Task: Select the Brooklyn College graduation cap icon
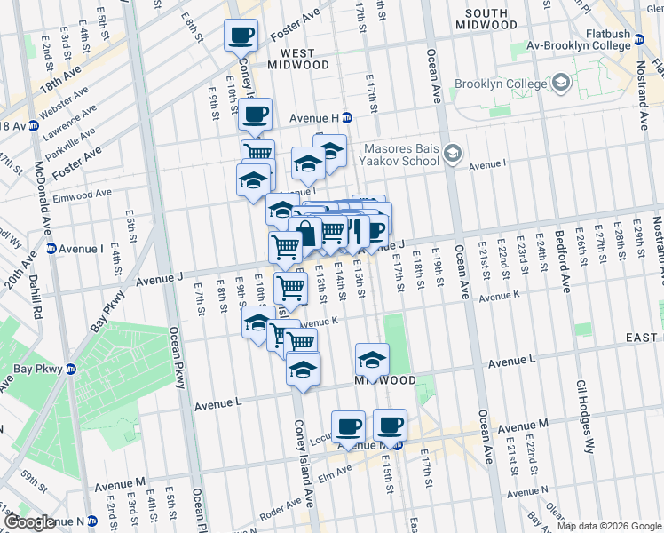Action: pos(560,84)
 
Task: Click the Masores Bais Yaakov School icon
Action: pos(453,155)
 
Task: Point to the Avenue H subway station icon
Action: pos(347,117)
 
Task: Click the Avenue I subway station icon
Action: pos(51,249)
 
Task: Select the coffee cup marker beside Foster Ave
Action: pos(241,36)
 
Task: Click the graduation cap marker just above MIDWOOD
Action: pos(372,360)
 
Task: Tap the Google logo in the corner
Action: pos(29,522)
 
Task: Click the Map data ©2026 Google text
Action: pos(609,526)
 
